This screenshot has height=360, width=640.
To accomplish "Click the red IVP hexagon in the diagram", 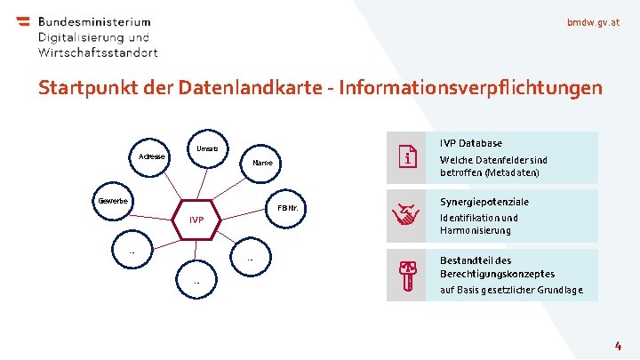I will coord(196,220).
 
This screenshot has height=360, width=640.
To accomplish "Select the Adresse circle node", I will coord(151,156).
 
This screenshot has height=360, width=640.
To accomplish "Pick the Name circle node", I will coord(262,164).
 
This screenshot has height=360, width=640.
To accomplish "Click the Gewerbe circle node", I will coord(114,201).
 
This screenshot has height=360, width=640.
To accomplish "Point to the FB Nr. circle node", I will coord(287,209).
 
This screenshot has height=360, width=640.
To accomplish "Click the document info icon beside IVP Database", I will coord(407,157).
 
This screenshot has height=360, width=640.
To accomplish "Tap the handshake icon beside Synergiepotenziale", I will coord(407,215).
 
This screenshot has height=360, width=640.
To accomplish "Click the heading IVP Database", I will coord(471,143).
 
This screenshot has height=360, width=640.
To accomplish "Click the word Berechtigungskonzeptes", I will coord(497,274).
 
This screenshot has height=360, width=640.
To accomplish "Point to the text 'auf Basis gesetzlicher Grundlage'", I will coord(511,290).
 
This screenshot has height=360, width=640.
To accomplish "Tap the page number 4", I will coord(617,343).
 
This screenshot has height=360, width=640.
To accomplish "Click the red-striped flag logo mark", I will coord(23,25).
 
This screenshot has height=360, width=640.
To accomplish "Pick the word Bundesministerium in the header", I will coord(94,21).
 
